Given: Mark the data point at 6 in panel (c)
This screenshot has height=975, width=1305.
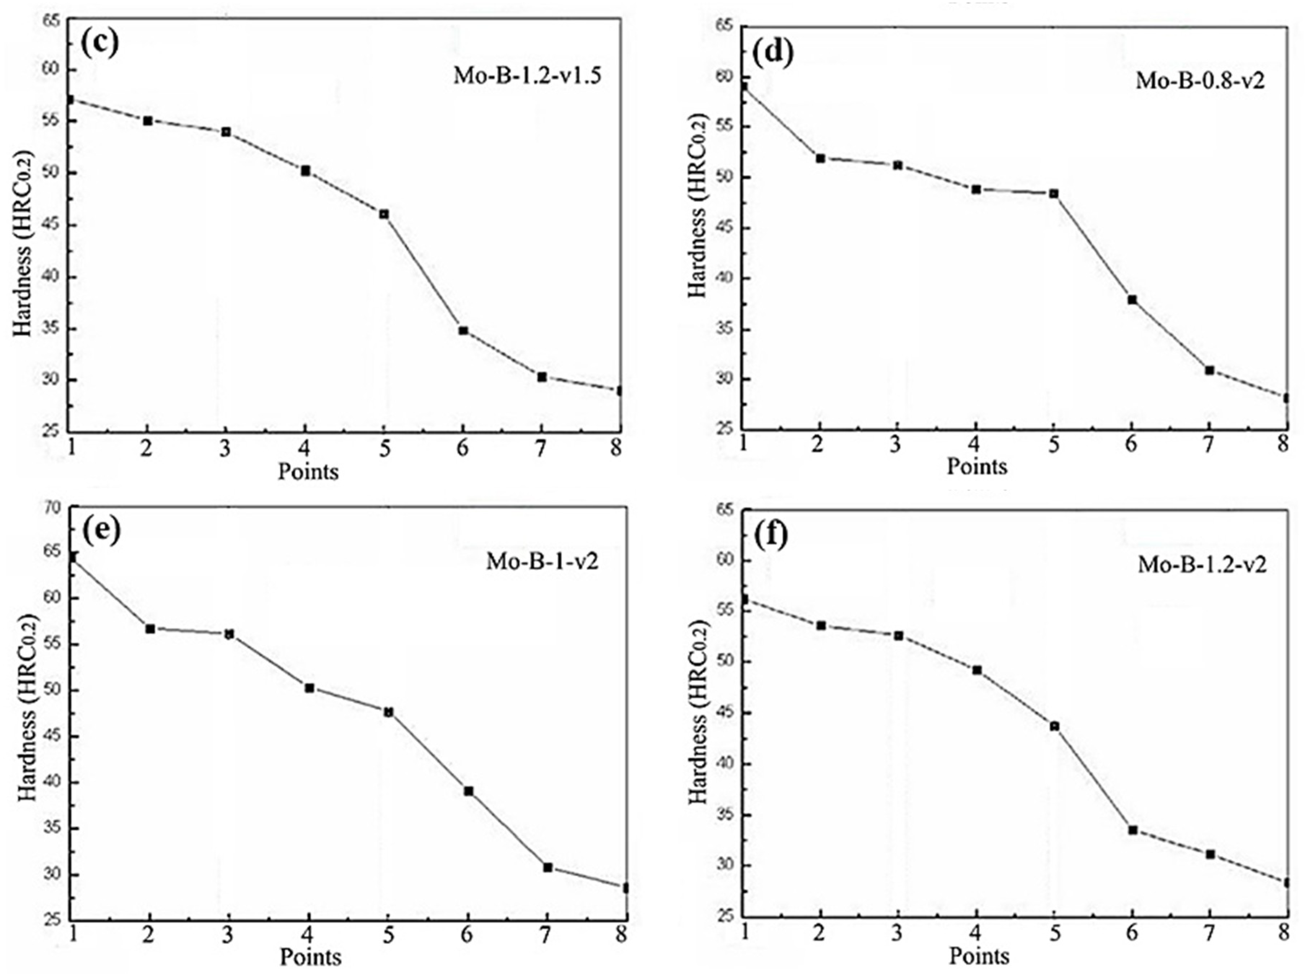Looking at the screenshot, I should pyautogui.click(x=463, y=330).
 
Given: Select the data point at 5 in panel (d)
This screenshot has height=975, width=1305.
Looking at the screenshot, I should pyautogui.click(x=1054, y=193).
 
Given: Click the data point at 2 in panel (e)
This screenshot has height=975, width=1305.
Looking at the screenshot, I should pyautogui.click(x=150, y=629).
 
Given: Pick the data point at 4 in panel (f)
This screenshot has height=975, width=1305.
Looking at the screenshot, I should pyautogui.click(x=976, y=670).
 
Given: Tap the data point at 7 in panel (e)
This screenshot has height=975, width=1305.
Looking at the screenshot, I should pyautogui.click(x=548, y=867).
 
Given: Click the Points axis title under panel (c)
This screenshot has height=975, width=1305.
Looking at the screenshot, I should pyautogui.click(x=308, y=471).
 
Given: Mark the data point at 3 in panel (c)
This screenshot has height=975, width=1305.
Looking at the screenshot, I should pyautogui.click(x=226, y=132).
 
